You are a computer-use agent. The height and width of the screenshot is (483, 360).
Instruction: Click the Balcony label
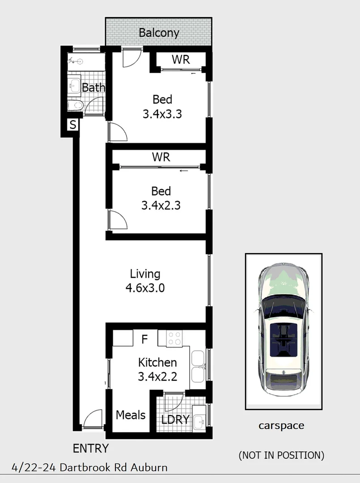(159, 33)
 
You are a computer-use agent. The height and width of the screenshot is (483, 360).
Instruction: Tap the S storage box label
(72, 125)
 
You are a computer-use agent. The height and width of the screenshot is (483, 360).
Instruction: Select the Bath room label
(93, 88)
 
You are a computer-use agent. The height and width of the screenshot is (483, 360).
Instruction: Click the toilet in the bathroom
(75, 106)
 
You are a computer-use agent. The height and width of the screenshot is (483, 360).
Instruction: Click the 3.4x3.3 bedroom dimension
(162, 114)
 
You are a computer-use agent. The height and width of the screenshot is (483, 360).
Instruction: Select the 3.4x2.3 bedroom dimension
(161, 206)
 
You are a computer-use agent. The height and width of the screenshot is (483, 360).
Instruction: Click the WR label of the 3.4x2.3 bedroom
(161, 157)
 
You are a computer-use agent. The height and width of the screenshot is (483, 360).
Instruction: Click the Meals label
(131, 415)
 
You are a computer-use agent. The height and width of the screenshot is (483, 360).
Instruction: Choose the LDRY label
(175, 420)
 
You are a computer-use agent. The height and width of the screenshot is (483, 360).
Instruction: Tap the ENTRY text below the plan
(91, 448)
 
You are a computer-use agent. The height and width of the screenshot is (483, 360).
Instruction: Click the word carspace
(281, 426)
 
